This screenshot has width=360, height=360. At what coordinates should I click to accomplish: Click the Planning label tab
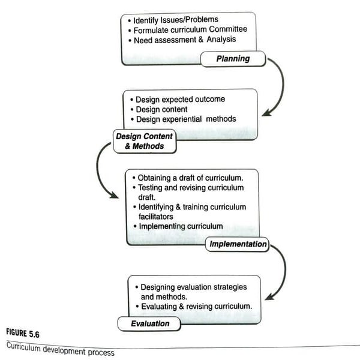coord(233,59)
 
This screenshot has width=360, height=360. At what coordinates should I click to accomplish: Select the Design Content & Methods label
coord(144,141)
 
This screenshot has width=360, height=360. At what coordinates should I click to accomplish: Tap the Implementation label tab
coord(238,244)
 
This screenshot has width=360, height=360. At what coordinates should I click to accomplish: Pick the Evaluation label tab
coord(150,324)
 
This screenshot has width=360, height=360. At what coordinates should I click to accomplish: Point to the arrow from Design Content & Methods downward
coord(101,174)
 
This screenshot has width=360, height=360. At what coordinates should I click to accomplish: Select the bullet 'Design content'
coord(161,109)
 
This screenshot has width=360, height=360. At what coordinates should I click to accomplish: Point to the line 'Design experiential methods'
coord(185,119)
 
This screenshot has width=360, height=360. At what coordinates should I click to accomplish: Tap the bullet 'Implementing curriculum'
coord(181,226)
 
